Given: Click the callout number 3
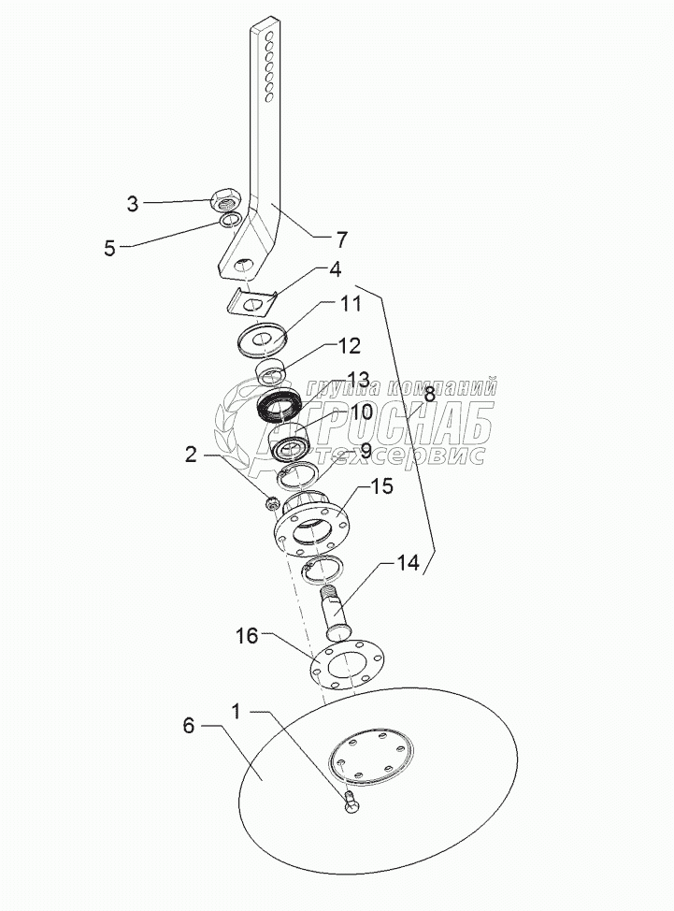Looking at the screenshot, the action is coord(133,203).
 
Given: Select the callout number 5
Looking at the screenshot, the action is coord(109,248).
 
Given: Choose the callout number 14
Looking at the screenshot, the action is coord(407,563).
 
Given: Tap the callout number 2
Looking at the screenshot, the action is coord(191,456).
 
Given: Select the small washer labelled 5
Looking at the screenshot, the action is coord(229,222).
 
